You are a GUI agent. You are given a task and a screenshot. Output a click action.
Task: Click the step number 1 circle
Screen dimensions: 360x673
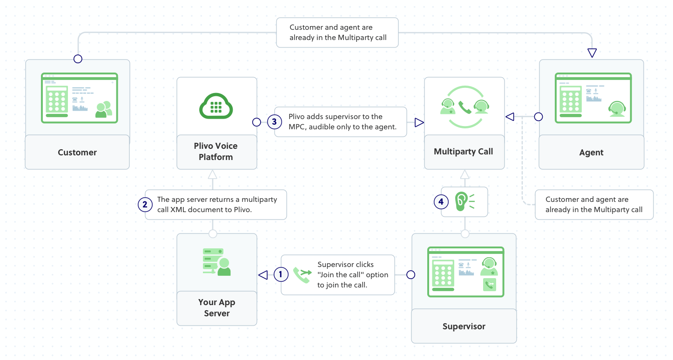point(281,274)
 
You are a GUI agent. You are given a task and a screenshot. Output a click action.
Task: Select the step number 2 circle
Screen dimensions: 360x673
point(145,205)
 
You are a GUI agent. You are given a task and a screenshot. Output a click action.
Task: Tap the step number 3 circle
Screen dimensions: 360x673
point(274,122)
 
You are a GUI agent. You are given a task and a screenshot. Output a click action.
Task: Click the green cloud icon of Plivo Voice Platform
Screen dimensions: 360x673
point(216,106)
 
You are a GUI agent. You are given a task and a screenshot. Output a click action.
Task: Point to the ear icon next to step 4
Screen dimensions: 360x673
point(461,201)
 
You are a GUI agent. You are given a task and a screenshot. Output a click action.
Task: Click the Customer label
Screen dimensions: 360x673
point(77,153)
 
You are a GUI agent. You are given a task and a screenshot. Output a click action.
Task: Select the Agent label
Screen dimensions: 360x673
point(591,153)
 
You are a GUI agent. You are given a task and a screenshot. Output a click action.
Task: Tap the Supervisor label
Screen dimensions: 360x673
point(464,327)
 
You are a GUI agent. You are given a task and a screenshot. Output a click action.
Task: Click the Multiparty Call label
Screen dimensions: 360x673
point(463,152)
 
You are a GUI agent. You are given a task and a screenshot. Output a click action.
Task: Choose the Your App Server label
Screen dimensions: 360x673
point(216,308)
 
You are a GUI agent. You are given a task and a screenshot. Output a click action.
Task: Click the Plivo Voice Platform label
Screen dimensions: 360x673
point(215,152)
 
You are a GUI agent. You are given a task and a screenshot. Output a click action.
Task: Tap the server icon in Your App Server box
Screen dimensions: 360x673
point(216,262)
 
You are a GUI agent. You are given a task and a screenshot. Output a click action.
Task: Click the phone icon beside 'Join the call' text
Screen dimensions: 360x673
point(302,275)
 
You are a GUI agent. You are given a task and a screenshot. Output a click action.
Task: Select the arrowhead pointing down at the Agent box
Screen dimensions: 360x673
point(592,53)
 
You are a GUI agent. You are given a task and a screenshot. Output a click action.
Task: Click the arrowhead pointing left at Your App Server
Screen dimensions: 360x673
point(263,275)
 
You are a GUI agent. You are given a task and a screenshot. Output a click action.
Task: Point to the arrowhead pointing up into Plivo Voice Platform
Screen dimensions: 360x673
point(213,174)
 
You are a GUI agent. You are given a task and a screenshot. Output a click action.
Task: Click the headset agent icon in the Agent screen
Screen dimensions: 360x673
point(616,109)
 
